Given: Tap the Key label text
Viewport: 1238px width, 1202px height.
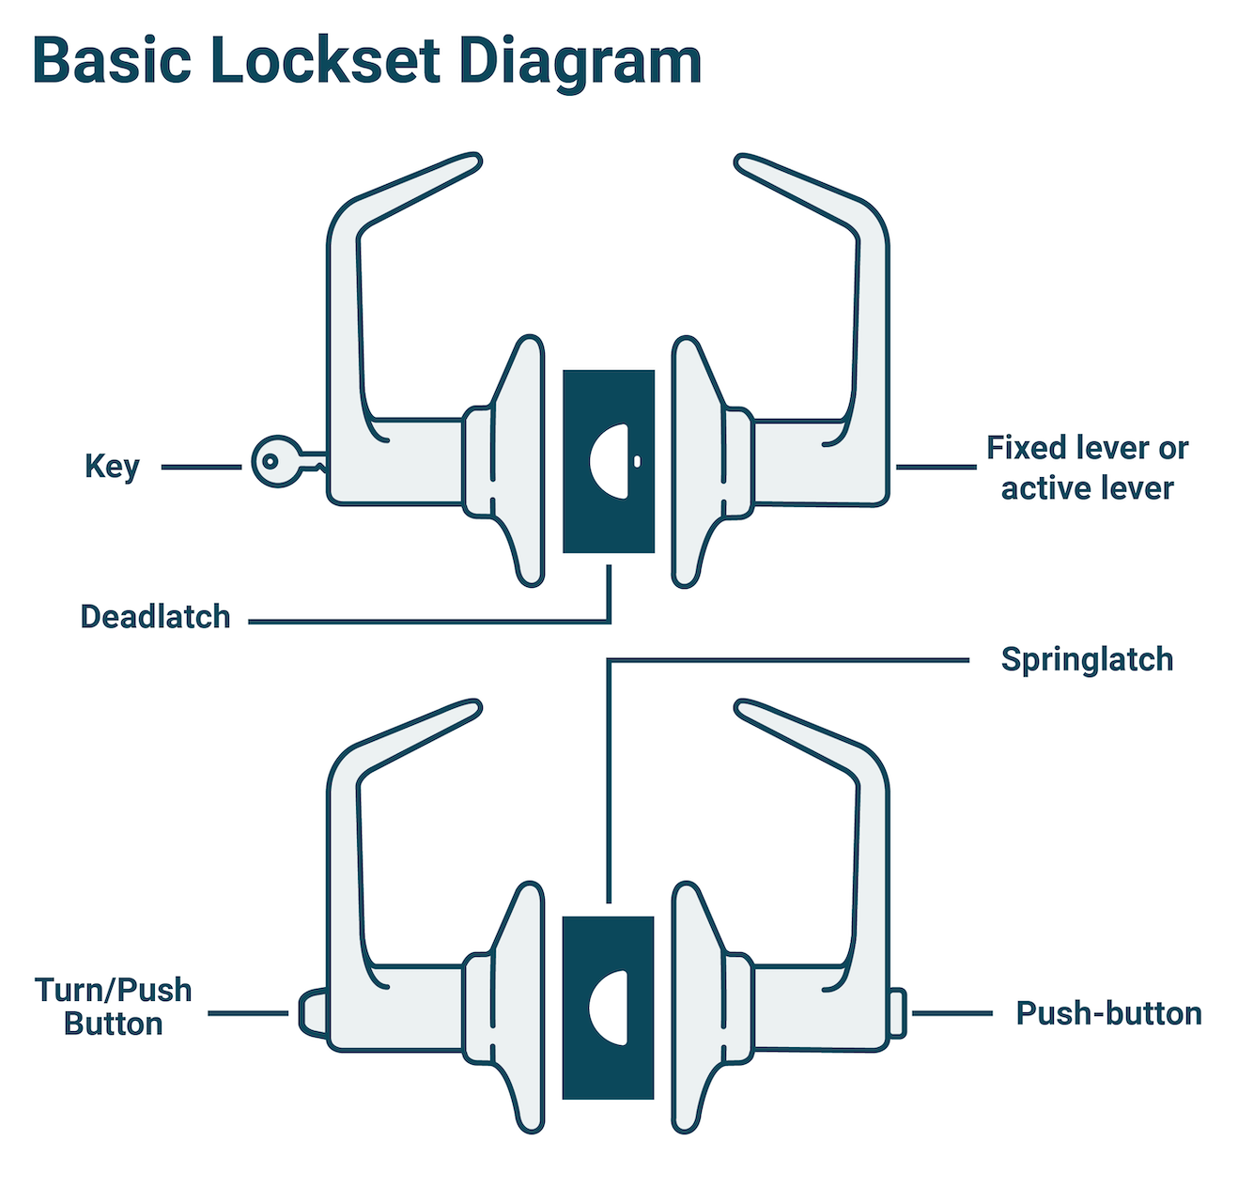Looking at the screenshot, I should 112,467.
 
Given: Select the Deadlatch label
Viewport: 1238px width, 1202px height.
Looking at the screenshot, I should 155,617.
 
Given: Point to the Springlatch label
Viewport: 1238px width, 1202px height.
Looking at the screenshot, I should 1087,659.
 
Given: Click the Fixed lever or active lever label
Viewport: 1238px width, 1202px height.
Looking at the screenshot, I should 1087,468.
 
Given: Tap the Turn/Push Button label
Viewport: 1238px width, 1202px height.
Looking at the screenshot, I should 113,1007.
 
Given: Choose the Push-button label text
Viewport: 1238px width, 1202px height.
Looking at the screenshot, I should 1108,1013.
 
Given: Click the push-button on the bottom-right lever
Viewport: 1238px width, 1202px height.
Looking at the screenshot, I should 897,1013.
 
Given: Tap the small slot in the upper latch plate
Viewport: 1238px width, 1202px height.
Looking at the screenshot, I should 637,462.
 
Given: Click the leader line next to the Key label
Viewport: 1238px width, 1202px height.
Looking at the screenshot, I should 200,467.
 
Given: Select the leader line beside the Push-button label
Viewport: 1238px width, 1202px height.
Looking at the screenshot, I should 952,1013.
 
